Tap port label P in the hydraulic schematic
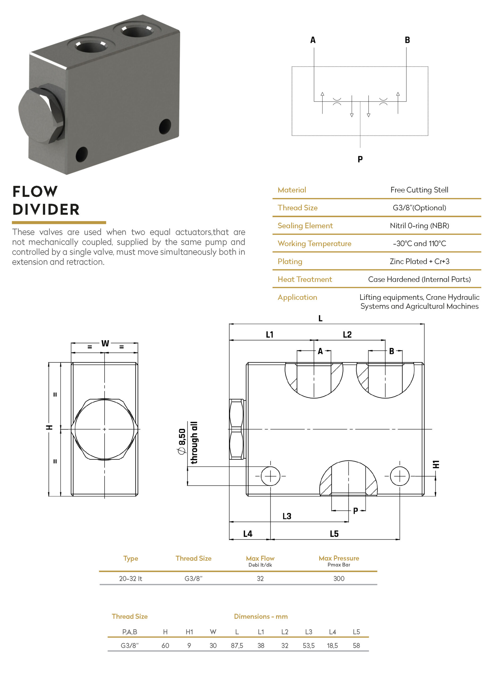point(360,159)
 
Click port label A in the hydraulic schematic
point(313,40)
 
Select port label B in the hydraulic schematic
point(407,40)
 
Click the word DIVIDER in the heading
point(46,210)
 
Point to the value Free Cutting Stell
point(419,190)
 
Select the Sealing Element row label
point(305,226)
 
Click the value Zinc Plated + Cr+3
point(419,261)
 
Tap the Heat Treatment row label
point(305,279)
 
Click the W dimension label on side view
point(105,343)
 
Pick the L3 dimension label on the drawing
point(287,516)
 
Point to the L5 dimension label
point(334,534)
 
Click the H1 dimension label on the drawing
point(436,464)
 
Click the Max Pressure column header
point(339,558)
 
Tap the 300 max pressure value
point(339,578)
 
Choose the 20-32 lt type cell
point(130,578)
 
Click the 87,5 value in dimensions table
point(237,645)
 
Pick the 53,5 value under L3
point(308,645)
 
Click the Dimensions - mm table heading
point(261,616)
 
